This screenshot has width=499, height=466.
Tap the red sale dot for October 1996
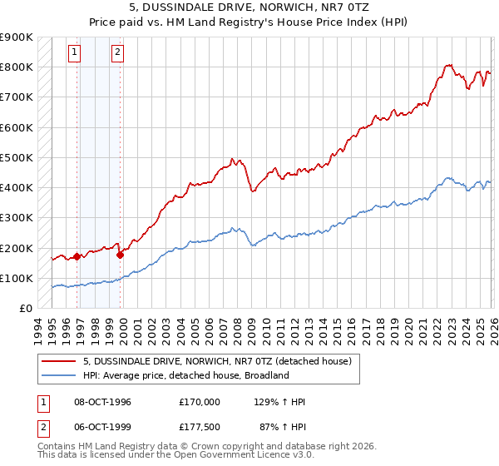point(77,256)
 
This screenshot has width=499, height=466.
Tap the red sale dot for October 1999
point(121,255)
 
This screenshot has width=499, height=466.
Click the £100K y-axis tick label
point(17,278)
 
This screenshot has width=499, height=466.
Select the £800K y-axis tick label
point(17,67)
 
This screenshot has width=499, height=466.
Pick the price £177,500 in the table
point(199,427)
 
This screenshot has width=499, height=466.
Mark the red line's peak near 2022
point(448,64)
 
